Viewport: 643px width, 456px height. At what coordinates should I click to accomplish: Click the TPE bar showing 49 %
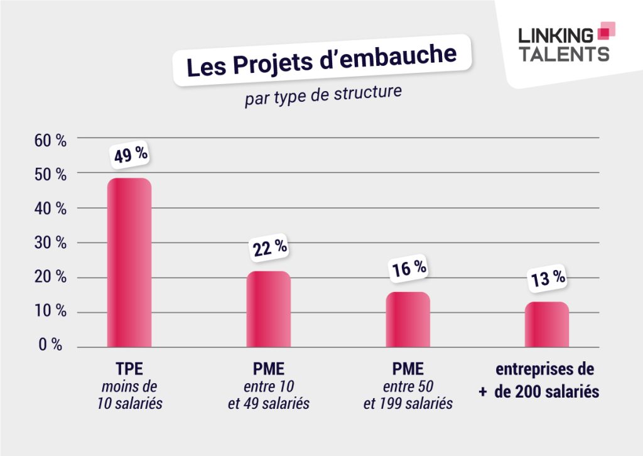click(x=129, y=263)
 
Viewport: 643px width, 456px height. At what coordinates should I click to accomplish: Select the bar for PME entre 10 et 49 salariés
click(x=268, y=309)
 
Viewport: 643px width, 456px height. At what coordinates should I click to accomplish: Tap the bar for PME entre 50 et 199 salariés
click(x=408, y=320)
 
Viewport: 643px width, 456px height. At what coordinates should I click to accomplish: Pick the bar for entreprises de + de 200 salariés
click(x=547, y=325)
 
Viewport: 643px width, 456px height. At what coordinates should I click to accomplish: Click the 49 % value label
click(x=131, y=154)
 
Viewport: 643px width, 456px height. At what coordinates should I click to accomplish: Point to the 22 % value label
click(x=270, y=248)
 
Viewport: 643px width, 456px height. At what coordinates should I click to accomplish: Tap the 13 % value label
click(x=548, y=278)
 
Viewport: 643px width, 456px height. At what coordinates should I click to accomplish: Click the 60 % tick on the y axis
click(x=50, y=140)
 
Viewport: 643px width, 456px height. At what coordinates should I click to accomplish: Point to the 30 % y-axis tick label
click(x=50, y=243)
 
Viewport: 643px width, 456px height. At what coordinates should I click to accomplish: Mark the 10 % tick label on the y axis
click(x=50, y=312)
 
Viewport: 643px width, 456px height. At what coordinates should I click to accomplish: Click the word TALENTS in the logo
click(x=563, y=54)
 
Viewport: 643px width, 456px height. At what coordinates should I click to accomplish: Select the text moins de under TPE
click(x=129, y=385)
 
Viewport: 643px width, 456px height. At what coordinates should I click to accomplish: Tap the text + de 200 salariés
click(x=539, y=391)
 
